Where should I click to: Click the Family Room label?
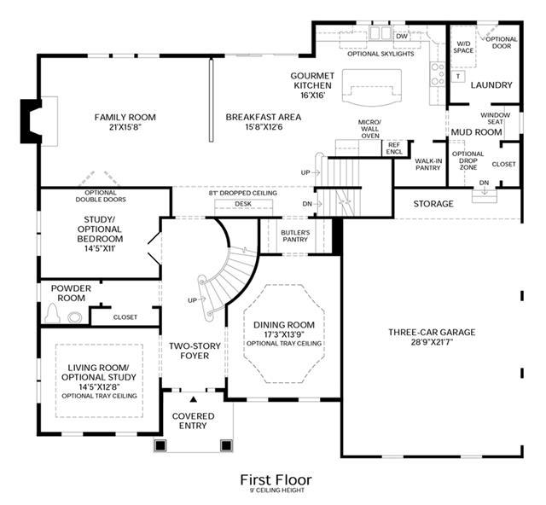click(x=125, y=117)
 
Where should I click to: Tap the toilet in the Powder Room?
click(x=52, y=313)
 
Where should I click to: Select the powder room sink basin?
click(x=75, y=317)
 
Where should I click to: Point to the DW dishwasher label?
click(x=402, y=36)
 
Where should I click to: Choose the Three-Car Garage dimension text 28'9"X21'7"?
click(x=432, y=342)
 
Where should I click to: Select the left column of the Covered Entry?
click(x=160, y=445)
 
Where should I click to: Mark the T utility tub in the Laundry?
click(x=458, y=76)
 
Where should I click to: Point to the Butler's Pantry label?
click(x=295, y=235)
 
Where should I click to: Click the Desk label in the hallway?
click(x=243, y=204)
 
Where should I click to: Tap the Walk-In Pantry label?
click(x=428, y=164)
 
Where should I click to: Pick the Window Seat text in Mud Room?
click(x=495, y=119)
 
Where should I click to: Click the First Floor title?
click(x=276, y=480)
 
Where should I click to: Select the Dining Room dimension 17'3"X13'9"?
click(x=284, y=334)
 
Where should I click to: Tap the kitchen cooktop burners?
click(x=438, y=74)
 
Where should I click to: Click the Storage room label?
click(x=433, y=204)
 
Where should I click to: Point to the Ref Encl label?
click(x=394, y=148)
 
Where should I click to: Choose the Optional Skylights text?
click(x=380, y=54)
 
